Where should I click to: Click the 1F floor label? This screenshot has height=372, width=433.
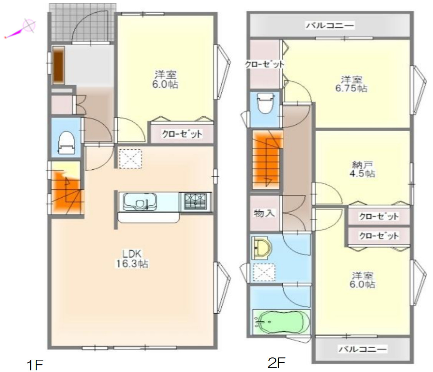tap(35, 364)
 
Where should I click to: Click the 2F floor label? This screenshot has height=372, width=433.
tap(276, 362)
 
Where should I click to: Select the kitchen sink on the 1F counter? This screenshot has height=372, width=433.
tap(139, 202)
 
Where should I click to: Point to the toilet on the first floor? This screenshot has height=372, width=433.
tap(66, 142)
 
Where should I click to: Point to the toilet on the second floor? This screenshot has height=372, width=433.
tap(265, 103)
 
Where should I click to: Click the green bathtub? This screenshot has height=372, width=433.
tap(281, 321)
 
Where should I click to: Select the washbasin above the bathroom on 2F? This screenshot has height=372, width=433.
tap(261, 248)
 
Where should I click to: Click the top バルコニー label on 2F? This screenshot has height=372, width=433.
tap(330, 26)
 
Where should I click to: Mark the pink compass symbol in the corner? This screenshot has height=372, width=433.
tap(28, 26)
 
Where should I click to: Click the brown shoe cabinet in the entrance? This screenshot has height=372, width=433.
tap(58, 65)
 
